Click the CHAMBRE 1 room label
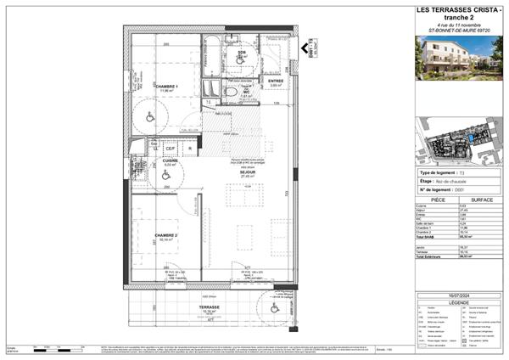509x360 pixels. (167, 86)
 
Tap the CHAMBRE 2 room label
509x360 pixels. (166, 235)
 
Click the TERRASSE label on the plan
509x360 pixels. (210, 307)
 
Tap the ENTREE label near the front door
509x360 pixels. (276, 81)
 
